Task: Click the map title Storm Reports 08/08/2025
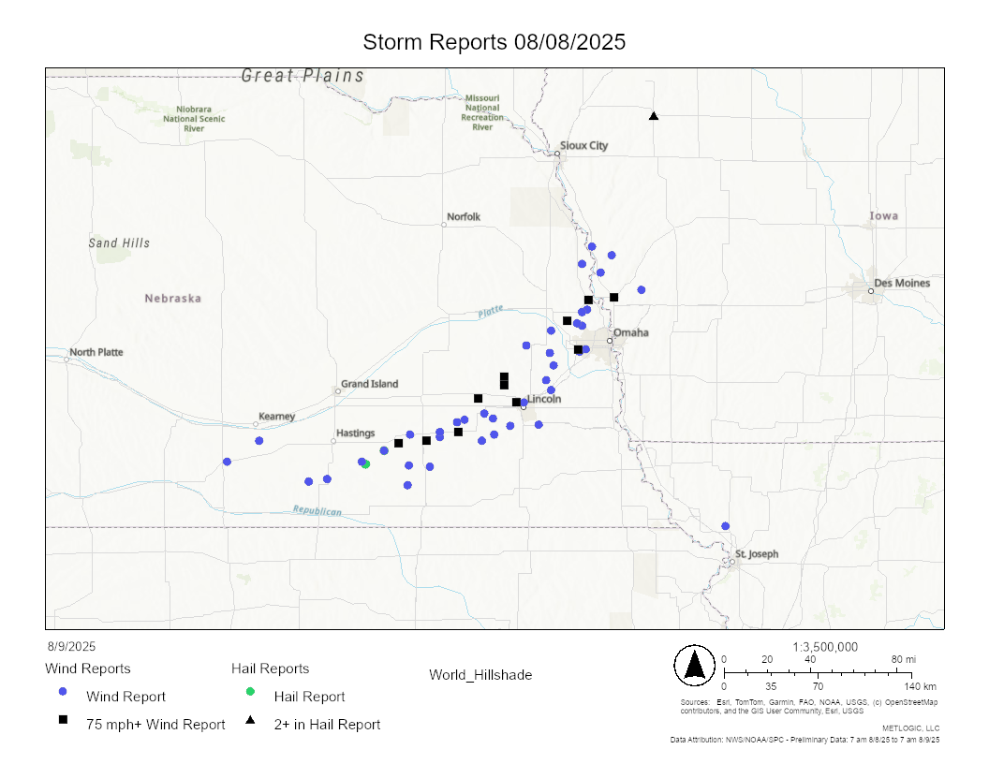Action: click(x=494, y=43)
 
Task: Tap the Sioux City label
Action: click(x=583, y=145)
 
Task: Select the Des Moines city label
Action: click(x=902, y=283)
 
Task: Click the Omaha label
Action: click(x=630, y=332)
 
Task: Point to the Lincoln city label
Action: click(x=544, y=399)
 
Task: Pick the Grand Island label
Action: click(x=369, y=384)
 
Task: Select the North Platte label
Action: click(x=96, y=352)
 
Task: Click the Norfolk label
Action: click(x=464, y=216)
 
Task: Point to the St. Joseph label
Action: click(x=756, y=553)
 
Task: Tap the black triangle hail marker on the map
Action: click(x=654, y=116)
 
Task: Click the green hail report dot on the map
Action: click(x=366, y=464)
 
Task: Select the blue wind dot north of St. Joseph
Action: click(x=725, y=526)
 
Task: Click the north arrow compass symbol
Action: click(x=694, y=665)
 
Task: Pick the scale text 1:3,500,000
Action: click(x=825, y=647)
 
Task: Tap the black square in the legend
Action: click(x=63, y=719)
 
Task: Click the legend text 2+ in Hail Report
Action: click(x=327, y=724)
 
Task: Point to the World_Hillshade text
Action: click(x=480, y=674)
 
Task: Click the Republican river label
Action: click(x=317, y=511)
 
